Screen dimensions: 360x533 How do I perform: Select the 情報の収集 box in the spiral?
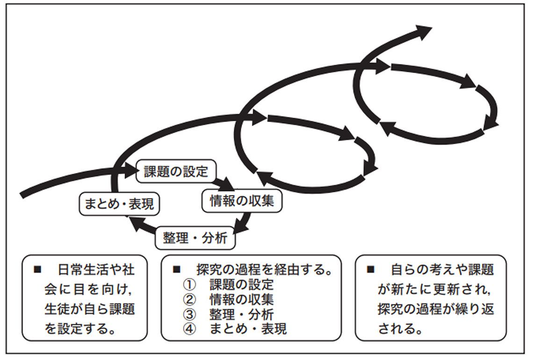point(242,200)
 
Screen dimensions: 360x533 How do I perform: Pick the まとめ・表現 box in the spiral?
point(119,204)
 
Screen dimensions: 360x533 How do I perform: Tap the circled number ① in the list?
point(188,284)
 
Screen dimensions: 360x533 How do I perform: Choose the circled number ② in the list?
point(188,299)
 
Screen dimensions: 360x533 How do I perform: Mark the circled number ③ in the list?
point(188,314)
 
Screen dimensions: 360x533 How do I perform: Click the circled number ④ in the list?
point(188,329)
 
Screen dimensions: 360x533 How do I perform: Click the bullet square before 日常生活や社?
point(38,270)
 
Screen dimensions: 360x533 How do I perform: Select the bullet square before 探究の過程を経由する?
point(177,270)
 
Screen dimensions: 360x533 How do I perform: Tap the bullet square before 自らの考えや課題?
point(371,270)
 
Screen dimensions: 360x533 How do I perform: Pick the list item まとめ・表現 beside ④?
point(248,329)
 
